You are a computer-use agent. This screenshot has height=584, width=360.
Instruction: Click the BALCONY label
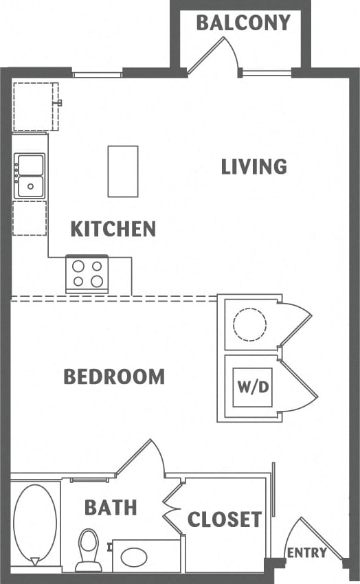[243, 23]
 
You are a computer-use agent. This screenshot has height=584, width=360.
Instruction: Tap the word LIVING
[254, 166]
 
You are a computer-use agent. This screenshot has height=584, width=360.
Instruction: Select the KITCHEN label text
[113, 229]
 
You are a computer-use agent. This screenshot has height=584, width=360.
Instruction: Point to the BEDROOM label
[114, 377]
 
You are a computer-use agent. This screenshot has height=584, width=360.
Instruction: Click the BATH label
[111, 508]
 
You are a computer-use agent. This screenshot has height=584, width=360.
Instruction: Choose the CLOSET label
[225, 519]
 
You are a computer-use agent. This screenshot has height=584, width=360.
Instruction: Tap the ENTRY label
[306, 553]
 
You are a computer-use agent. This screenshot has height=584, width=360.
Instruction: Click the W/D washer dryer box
[252, 387]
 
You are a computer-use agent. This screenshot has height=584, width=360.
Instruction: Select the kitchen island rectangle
[123, 171]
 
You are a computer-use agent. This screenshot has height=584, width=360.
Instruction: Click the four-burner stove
[87, 273]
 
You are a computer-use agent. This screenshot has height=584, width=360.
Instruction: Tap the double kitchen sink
[30, 175]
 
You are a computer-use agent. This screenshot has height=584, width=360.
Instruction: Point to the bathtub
[35, 523]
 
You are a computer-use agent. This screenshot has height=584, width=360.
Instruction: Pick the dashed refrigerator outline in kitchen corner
[35, 106]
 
